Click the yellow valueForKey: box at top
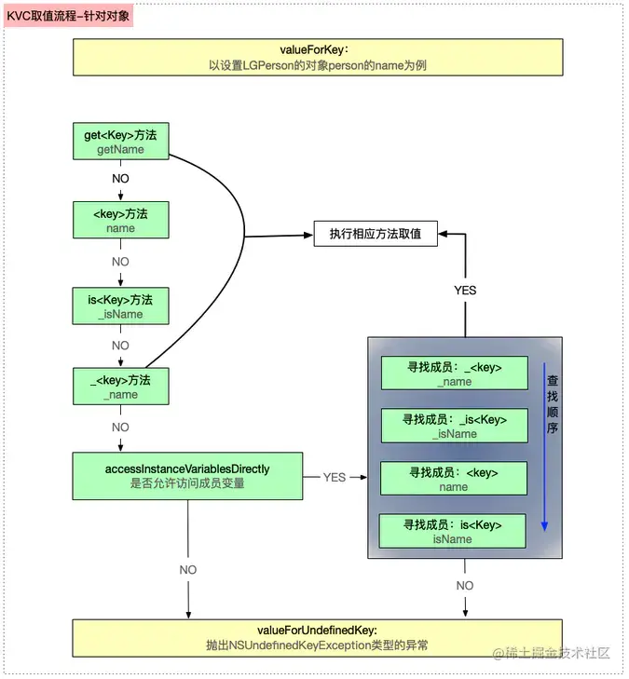(x=318, y=57)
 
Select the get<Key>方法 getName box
(x=120, y=142)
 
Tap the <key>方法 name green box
(x=120, y=221)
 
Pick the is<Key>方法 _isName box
(x=120, y=306)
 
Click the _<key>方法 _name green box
(x=120, y=387)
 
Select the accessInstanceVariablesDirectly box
(x=187, y=476)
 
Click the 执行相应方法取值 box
(x=376, y=234)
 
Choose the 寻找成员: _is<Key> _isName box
(x=454, y=427)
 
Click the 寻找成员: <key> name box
(x=454, y=479)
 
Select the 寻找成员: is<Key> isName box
(x=454, y=531)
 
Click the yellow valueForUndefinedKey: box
(x=318, y=637)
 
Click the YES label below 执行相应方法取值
(x=465, y=290)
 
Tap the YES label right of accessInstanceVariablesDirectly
(x=334, y=477)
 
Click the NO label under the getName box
(x=120, y=178)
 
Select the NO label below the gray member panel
(x=464, y=585)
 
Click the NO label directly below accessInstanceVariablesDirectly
(x=188, y=569)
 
